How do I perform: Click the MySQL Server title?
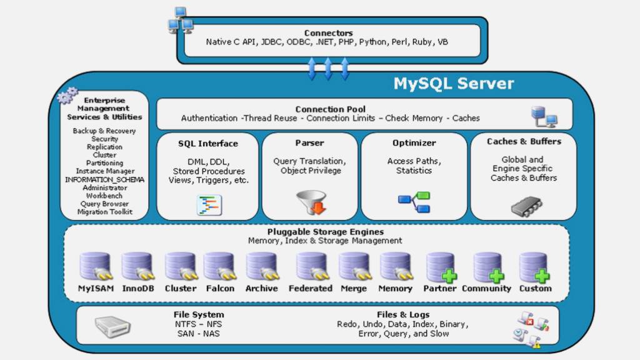coord(453,84)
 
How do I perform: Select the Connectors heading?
coord(328,33)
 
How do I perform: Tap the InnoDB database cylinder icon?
coord(137,266)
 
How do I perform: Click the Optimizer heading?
coord(414,143)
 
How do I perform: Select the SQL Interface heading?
coord(207,144)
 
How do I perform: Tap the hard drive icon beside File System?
coord(112,326)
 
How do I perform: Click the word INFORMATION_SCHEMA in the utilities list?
coord(104,179)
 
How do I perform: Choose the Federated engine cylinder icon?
coord(311,266)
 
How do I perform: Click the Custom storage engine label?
coord(535,289)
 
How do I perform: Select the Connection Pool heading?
coord(330,109)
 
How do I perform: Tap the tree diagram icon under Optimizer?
coord(414,202)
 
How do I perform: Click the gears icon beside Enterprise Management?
coord(67,96)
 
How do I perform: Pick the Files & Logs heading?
coord(402,314)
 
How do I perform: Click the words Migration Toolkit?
coord(104,212)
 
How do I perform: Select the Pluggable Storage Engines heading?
coord(325,232)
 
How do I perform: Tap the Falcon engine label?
coord(220,289)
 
